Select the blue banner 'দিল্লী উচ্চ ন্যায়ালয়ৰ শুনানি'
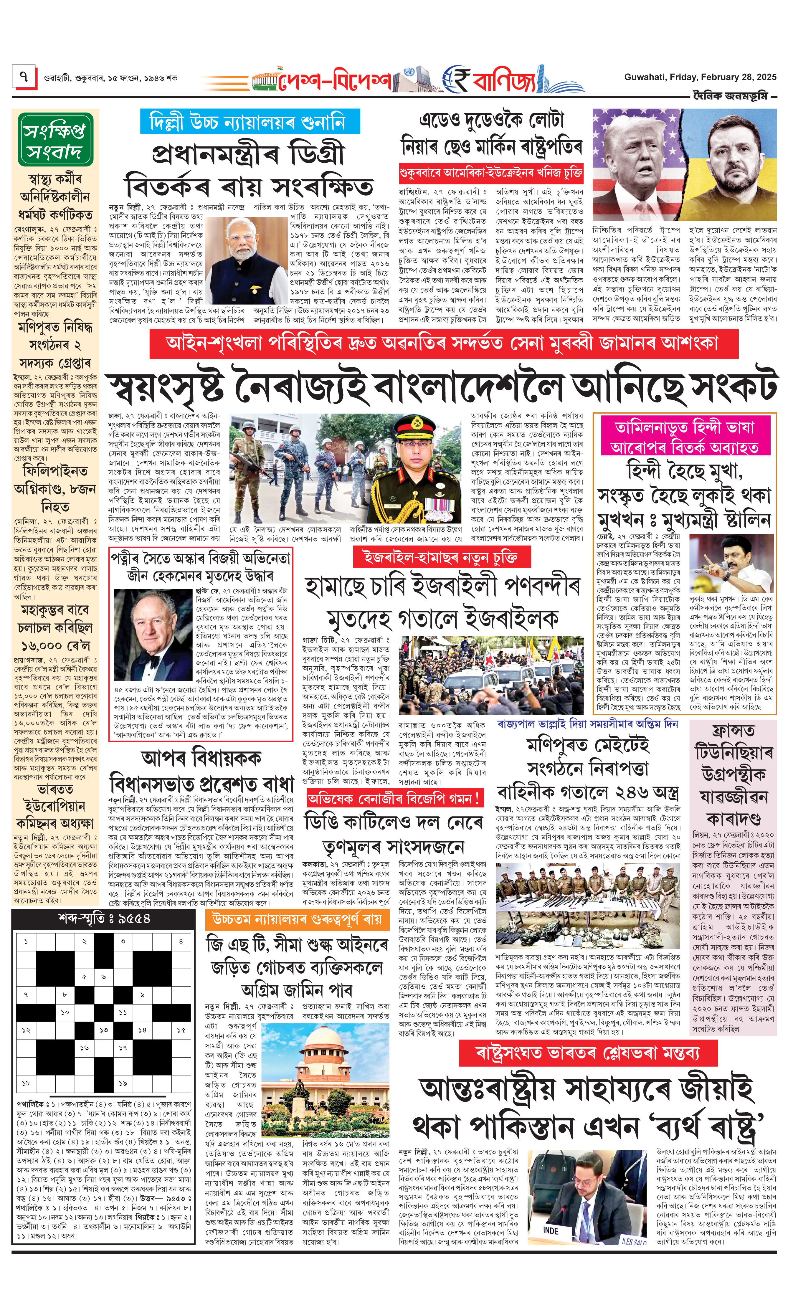pos(250,122)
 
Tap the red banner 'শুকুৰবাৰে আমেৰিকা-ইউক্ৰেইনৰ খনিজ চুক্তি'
pos(491,173)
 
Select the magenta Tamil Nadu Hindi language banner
pos(685,437)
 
